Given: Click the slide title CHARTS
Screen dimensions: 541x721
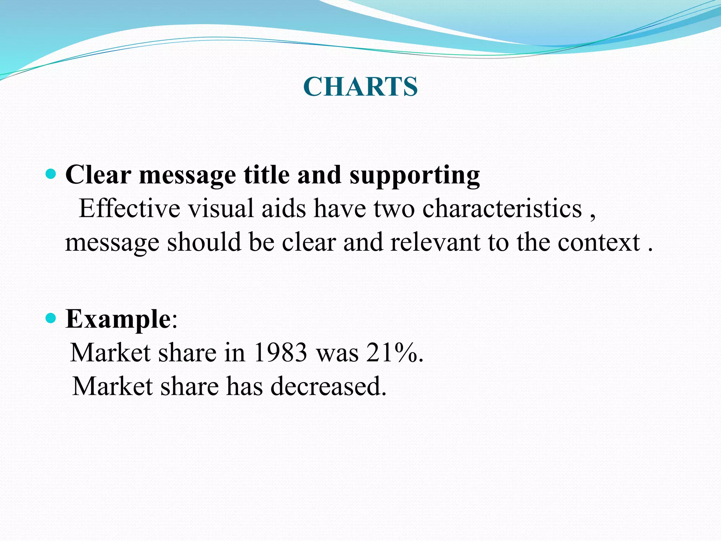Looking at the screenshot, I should (x=360, y=87).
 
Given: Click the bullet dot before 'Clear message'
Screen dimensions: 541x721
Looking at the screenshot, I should (x=51, y=174).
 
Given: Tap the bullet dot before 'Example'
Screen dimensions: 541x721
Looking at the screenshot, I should (x=51, y=318).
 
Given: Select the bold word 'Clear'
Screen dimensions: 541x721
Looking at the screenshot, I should (x=98, y=175).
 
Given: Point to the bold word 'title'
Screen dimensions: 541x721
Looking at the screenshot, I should (x=267, y=175).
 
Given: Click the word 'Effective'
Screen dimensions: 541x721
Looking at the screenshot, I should (x=129, y=209).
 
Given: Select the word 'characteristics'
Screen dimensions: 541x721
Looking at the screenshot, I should (x=502, y=209).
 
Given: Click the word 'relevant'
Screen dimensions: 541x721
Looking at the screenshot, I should (x=435, y=243).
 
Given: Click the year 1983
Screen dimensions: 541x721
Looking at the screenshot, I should (x=280, y=353).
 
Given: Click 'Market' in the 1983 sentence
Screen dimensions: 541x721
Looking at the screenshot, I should (x=110, y=353).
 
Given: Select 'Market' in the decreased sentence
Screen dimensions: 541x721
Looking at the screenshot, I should (x=112, y=386).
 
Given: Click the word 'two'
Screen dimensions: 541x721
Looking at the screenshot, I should (x=394, y=209).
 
